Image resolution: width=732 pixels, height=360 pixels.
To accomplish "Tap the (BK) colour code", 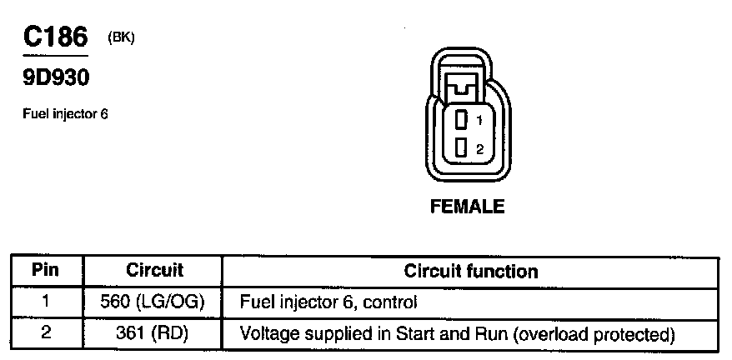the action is (121, 37).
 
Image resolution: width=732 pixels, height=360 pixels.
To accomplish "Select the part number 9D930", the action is (55, 79).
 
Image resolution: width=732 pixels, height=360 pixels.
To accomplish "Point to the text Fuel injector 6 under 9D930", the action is (65, 115).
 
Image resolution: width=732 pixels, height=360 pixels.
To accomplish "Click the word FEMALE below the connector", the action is (467, 207).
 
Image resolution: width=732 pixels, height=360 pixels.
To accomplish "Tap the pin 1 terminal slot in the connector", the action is (459, 121).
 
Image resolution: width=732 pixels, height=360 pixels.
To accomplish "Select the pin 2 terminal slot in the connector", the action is (459, 148).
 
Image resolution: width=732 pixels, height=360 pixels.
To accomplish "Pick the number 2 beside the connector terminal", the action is (479, 150).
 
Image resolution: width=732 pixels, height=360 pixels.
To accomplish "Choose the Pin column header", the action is (47, 271).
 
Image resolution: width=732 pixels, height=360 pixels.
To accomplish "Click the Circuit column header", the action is (154, 271).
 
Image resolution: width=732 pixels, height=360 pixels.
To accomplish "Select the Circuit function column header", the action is (470, 272).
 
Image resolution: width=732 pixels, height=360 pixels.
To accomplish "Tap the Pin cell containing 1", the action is (47, 301).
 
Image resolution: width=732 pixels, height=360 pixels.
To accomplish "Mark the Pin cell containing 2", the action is (47, 333).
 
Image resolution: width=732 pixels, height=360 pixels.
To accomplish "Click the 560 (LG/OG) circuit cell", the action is (155, 302).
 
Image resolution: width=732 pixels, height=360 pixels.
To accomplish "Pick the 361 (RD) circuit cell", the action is (155, 334).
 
